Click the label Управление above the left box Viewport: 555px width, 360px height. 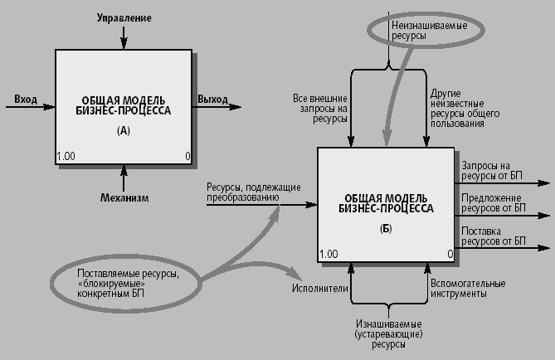[124, 17]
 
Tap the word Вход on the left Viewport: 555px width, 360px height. [26, 100]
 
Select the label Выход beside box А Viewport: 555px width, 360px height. [212, 100]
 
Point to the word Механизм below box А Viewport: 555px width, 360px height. [124, 197]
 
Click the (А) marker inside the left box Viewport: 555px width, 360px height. [124, 130]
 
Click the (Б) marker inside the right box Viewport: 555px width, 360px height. [385, 227]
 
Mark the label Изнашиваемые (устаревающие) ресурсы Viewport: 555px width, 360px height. [390, 333]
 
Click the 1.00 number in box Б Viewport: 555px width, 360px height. [329, 254]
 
